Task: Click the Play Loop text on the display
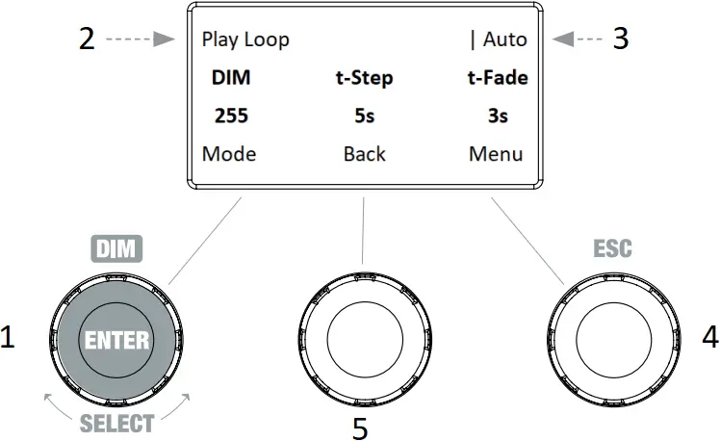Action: click(x=245, y=40)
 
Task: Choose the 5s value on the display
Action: click(x=364, y=117)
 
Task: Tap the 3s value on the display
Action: click(x=498, y=117)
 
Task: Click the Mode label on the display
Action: click(x=229, y=154)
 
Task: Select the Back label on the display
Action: click(x=364, y=154)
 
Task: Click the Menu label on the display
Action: click(x=497, y=154)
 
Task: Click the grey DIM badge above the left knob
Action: click(x=116, y=249)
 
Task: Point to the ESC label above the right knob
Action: click(x=612, y=249)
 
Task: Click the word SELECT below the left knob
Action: click(x=116, y=422)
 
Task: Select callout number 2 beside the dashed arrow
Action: click(x=88, y=39)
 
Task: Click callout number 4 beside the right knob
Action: click(x=710, y=338)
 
